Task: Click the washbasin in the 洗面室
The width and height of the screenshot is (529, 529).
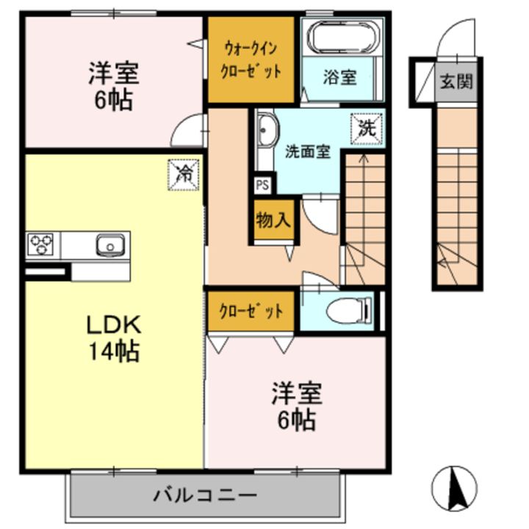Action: (265, 132)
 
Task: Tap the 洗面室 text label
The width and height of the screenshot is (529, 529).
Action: (306, 152)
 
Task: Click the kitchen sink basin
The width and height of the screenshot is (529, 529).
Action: (109, 244)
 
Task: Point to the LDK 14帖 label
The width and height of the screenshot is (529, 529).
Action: (112, 338)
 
